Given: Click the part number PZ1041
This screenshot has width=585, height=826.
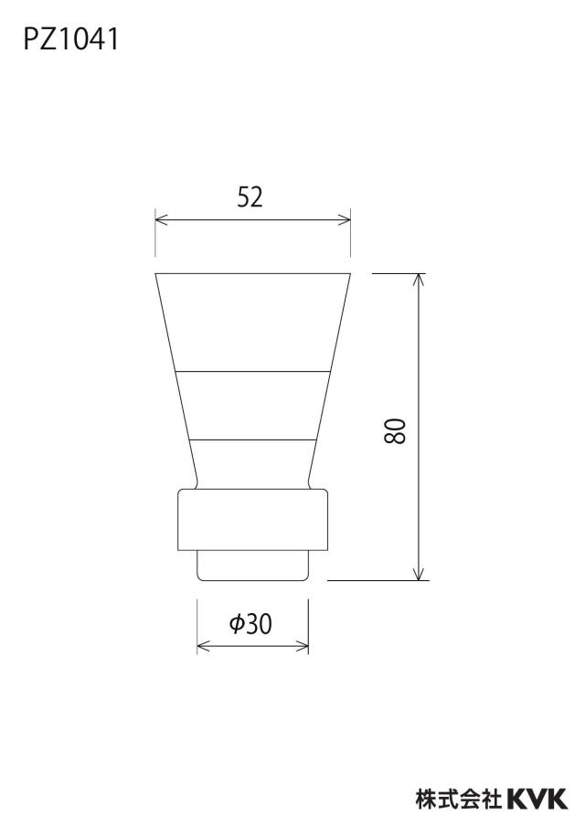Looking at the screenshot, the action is point(71,39).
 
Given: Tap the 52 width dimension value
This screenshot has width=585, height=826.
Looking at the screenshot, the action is point(250,196).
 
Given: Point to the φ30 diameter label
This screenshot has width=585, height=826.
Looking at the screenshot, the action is point(250,624).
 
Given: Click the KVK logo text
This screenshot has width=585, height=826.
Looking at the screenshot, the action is point(537,798).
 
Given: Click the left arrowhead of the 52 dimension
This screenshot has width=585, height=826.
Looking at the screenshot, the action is point(161,219).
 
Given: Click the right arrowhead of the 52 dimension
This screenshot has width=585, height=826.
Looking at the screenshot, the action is point(346,219).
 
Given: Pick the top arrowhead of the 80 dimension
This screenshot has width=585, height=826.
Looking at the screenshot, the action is point(419,280).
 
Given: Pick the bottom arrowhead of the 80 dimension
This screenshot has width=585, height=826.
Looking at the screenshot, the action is point(419,575).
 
